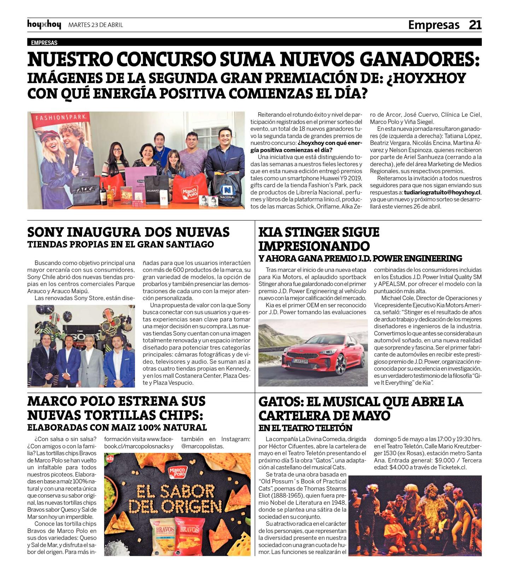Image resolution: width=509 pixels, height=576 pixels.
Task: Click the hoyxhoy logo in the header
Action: [x=44, y=25]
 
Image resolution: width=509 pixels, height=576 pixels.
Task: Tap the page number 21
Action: [x=475, y=25]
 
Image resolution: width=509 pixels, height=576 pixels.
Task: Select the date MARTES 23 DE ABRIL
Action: [x=95, y=25]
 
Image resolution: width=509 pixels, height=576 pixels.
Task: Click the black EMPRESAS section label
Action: [x=44, y=43]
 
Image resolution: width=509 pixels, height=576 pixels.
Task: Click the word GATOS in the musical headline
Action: [x=279, y=402]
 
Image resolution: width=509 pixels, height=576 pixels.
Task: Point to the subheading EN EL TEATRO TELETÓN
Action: [x=305, y=428]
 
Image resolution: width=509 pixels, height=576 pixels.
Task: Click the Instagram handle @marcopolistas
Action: [x=203, y=446]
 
